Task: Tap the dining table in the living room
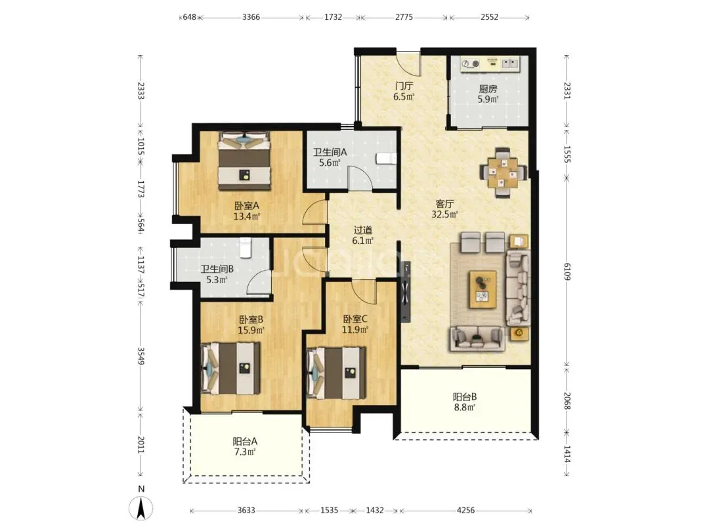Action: pyautogui.click(x=504, y=172)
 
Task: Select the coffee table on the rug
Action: pyautogui.click(x=483, y=290)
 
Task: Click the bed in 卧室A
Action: pyautogui.click(x=244, y=161)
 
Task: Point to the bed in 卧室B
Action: pyautogui.click(x=230, y=368)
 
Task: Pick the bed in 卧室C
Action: pyautogui.click(x=336, y=373)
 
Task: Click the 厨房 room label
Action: pyautogui.click(x=488, y=89)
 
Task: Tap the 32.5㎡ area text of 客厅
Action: pyautogui.click(x=444, y=214)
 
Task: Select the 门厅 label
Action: pyautogui.click(x=403, y=86)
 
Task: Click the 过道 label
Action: pyautogui.click(x=362, y=230)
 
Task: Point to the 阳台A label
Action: pyautogui.click(x=245, y=441)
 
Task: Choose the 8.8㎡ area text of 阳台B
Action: pyautogui.click(x=464, y=408)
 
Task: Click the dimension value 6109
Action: pyautogui.click(x=567, y=271)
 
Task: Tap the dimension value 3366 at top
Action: pyautogui.click(x=251, y=17)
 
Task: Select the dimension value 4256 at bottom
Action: pyautogui.click(x=465, y=510)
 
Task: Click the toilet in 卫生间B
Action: pyautogui.click(x=245, y=247)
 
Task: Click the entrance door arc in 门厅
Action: pyautogui.click(x=409, y=64)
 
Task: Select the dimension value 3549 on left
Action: pyautogui.click(x=141, y=356)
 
